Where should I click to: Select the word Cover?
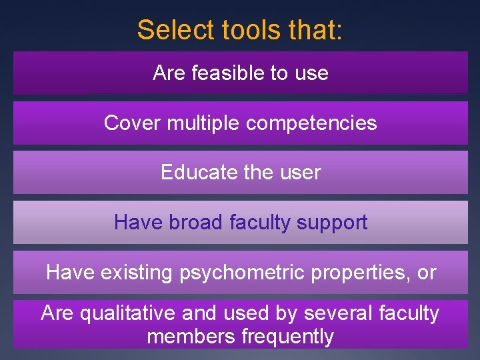(133, 123)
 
